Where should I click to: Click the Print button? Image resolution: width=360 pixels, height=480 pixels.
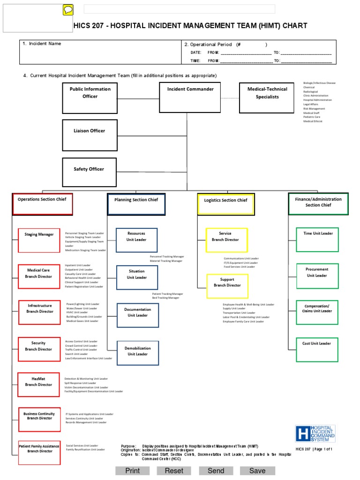click(133, 471)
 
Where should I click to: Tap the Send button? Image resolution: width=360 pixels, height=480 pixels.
click(216, 471)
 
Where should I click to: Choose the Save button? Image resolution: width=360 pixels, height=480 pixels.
click(257, 471)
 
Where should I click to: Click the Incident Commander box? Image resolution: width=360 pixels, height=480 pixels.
click(187, 98)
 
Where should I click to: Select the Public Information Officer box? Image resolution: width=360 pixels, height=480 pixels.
click(90, 98)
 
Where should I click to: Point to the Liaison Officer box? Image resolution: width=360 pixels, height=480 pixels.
click(90, 135)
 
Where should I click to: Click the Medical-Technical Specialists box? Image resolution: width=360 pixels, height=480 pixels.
click(267, 98)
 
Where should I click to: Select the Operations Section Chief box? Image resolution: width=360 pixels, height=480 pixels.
click(43, 204)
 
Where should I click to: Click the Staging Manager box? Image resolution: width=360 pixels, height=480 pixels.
click(39, 240)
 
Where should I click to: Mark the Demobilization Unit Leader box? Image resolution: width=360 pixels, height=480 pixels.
click(137, 352)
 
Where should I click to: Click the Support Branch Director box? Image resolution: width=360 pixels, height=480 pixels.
click(227, 286)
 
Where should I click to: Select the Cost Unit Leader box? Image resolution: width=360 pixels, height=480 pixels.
click(316, 349)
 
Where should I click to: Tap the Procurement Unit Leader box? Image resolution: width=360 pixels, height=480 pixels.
click(316, 276)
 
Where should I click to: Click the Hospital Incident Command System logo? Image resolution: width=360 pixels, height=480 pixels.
click(315, 433)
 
